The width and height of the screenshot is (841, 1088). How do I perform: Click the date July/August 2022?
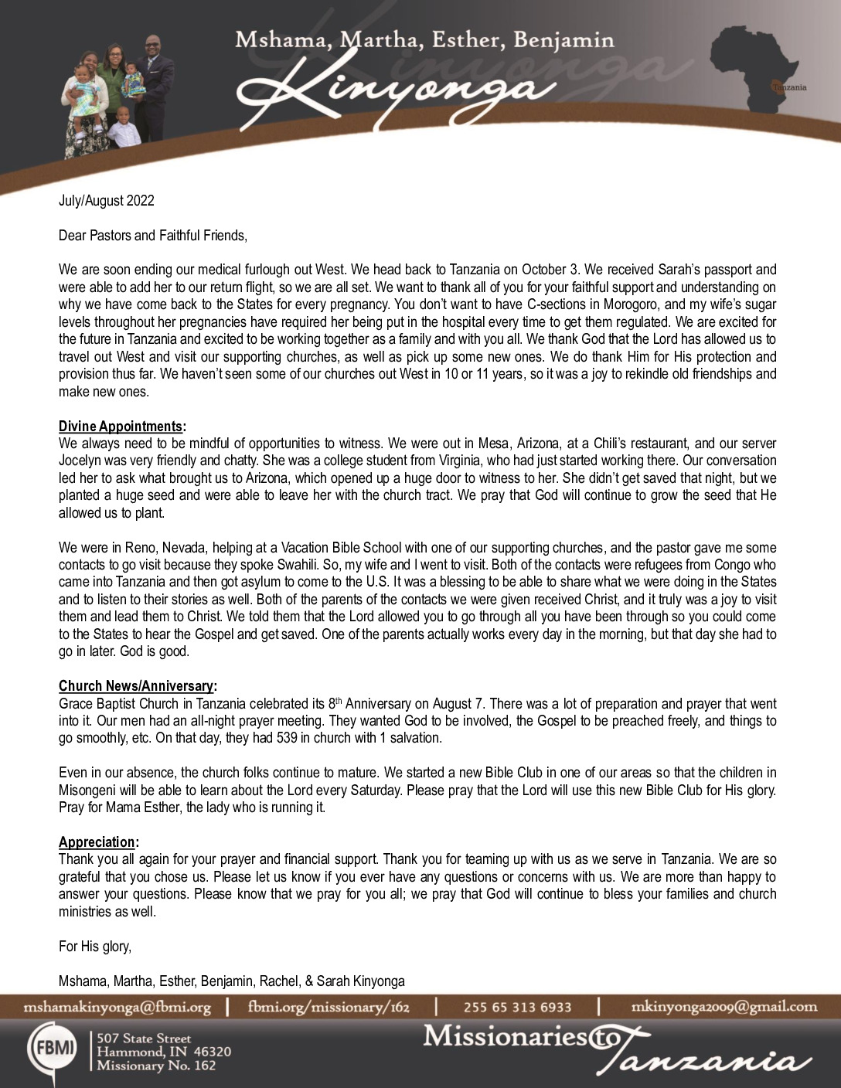[107, 201]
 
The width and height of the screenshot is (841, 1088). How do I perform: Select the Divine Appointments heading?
[121, 427]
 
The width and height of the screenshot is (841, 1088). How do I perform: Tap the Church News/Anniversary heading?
[136, 686]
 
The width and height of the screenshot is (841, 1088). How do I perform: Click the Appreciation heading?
[97, 842]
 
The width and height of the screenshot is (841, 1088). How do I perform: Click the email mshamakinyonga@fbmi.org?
[117, 1007]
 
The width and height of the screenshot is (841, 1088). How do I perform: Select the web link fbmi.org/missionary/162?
[329, 1007]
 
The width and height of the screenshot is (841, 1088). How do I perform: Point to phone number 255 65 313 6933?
[517, 1007]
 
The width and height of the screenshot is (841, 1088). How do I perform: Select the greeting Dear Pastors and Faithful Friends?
[153, 236]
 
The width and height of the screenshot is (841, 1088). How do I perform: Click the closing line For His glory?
[95, 947]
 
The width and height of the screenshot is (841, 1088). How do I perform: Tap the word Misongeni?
[88, 790]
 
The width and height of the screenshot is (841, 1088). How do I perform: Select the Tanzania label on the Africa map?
[788, 87]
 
